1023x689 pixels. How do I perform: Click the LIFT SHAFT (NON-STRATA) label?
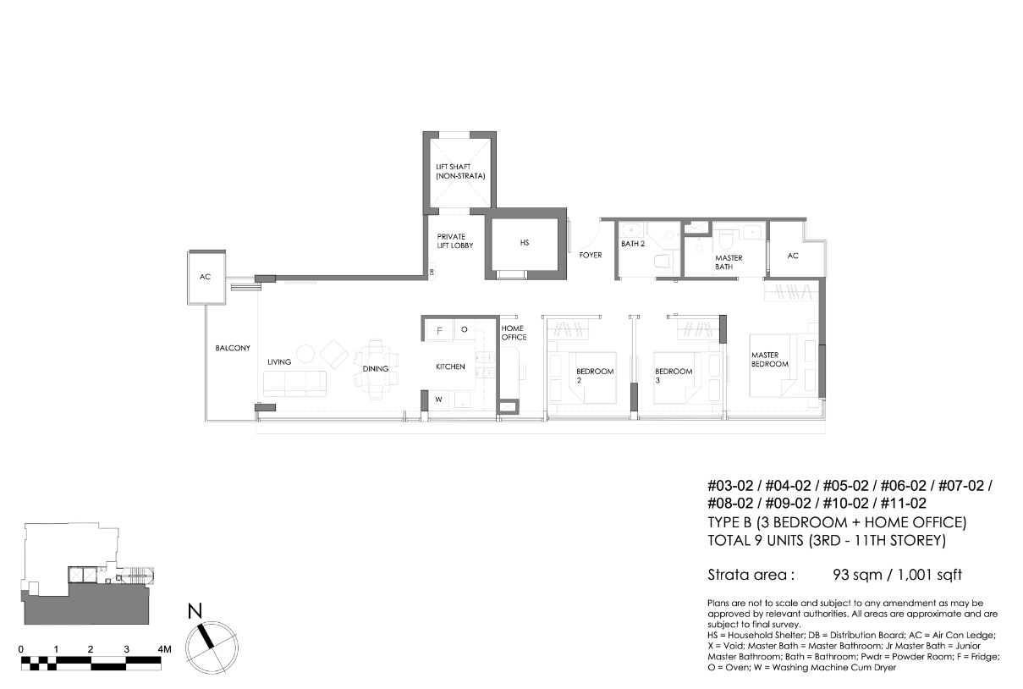[x=460, y=171]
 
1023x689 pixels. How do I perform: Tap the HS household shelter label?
[x=525, y=243]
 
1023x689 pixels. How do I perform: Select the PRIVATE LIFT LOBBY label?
[x=455, y=240]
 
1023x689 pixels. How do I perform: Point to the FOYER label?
[x=591, y=255]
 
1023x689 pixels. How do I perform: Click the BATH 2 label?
[x=633, y=244]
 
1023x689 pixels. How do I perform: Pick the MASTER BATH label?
[x=729, y=262]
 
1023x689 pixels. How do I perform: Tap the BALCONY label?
[x=233, y=348]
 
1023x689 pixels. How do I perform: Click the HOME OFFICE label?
[x=514, y=333]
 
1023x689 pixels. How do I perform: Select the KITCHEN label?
[x=450, y=367]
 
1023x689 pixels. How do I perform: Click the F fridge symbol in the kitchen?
[x=440, y=330]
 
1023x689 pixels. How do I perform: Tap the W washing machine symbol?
[x=438, y=400]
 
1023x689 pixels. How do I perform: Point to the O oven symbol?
[x=464, y=329]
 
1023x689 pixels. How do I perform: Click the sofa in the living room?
[x=295, y=383]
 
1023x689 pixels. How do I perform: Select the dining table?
[x=376, y=369]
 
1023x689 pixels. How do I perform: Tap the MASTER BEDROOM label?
[x=770, y=360]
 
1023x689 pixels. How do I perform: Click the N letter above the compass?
[x=195, y=611]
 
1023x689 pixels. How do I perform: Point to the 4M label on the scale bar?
[x=164, y=649]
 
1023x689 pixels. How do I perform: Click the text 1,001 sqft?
[x=930, y=575]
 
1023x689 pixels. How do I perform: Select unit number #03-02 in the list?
[x=730, y=485]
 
